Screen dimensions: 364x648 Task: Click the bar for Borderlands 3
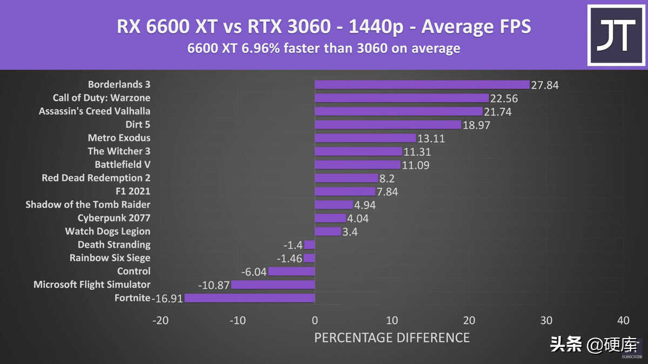[422, 85]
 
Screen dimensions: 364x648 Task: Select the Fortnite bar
[249, 298]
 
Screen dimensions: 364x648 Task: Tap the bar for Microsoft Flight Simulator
[273, 285]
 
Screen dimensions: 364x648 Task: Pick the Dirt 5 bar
[388, 125]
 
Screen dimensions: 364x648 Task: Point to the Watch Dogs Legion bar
[328, 231]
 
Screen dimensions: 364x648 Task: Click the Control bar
[292, 271]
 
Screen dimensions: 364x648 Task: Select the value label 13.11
[431, 138]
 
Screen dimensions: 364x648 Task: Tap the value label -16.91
[167, 298]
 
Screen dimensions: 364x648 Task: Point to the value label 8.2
[388, 178]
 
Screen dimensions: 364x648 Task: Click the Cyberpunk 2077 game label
[114, 218]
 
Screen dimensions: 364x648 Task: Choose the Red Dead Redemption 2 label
[96, 178]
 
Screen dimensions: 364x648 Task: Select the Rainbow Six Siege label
[110, 258]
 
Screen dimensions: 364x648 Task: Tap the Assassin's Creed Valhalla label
[94, 111]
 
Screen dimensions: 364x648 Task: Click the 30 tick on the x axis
[546, 320]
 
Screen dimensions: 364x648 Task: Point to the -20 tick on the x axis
[160, 320]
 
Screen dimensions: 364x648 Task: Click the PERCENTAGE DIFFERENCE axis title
[391, 338]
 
